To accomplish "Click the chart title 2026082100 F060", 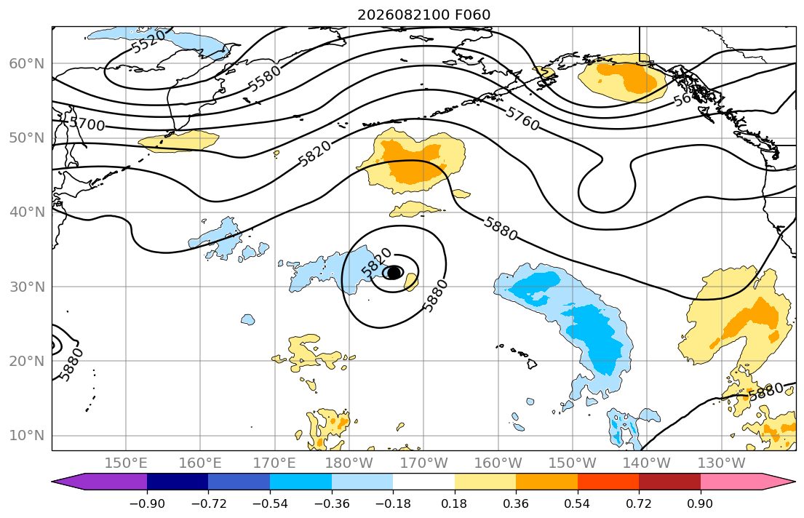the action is pos(423,15).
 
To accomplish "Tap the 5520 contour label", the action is pos(148,41).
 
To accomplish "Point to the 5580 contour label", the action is pos(265,78).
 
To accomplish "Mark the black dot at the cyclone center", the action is pos(394,272).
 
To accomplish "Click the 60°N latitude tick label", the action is pos(27,63).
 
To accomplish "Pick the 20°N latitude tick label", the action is pos(27,361).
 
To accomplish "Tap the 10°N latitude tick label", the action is pos(27,436).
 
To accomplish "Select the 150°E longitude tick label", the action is pos(126,463).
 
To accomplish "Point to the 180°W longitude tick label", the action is pos(349,463).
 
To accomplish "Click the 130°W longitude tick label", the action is pos(722,463).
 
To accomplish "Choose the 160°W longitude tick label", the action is pos(498,463).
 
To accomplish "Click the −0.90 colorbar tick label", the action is pos(147,503).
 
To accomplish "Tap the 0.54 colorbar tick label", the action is pos(578,503).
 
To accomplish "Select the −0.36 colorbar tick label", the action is pos(331,503).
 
